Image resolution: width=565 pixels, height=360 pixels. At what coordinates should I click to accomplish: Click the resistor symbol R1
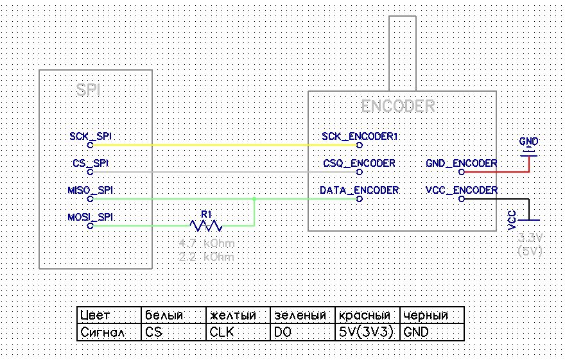point(205,225)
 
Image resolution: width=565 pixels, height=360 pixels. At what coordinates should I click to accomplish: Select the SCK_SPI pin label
point(91,137)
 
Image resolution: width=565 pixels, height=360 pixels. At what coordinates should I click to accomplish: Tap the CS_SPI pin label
point(91,164)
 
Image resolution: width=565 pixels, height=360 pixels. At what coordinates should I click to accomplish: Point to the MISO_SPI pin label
point(91,191)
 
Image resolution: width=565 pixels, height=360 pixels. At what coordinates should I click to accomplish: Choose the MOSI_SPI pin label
point(91,218)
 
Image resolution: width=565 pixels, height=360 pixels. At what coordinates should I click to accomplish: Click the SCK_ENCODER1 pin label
point(360,137)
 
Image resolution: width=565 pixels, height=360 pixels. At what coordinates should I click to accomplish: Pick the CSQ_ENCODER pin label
point(359,164)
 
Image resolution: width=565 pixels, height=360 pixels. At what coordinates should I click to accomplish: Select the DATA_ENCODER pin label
point(359,191)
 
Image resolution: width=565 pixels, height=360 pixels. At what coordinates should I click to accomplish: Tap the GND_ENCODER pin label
point(461,164)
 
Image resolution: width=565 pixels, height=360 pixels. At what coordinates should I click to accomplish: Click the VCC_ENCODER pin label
point(461,191)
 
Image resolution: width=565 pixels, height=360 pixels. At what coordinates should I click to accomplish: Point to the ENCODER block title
point(397,107)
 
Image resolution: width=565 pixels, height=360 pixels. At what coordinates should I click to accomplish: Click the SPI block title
point(89,90)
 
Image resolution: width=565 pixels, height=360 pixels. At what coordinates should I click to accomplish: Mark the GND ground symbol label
point(529,141)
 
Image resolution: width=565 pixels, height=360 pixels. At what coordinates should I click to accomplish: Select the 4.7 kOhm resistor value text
point(207,244)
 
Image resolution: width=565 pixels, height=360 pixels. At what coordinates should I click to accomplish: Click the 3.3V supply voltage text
point(530,238)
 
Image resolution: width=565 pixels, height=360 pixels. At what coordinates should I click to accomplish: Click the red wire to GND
point(501,172)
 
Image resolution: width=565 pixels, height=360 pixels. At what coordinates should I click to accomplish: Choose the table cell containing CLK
point(238,332)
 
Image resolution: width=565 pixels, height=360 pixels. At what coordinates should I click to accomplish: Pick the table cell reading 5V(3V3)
point(367,332)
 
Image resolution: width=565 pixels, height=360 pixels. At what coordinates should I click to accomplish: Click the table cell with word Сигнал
point(109,332)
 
